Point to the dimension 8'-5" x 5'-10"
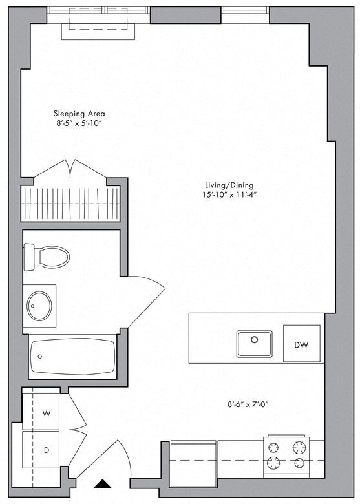click(x=79, y=123)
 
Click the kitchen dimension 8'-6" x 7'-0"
click(x=248, y=405)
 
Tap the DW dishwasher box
click(x=301, y=344)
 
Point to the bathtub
click(x=72, y=356)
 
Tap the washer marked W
click(x=46, y=412)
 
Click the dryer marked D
click(x=46, y=449)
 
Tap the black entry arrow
click(x=101, y=483)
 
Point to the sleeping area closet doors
click(x=71, y=170)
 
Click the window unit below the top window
click(x=98, y=28)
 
